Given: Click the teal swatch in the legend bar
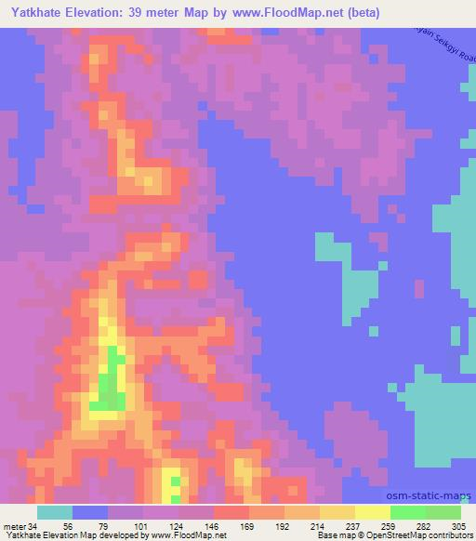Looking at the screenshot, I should (x=55, y=513).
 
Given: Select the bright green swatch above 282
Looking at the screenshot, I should (x=407, y=513).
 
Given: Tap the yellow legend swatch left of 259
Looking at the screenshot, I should (x=372, y=513).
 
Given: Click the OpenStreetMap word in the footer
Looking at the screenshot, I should (x=391, y=534).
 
